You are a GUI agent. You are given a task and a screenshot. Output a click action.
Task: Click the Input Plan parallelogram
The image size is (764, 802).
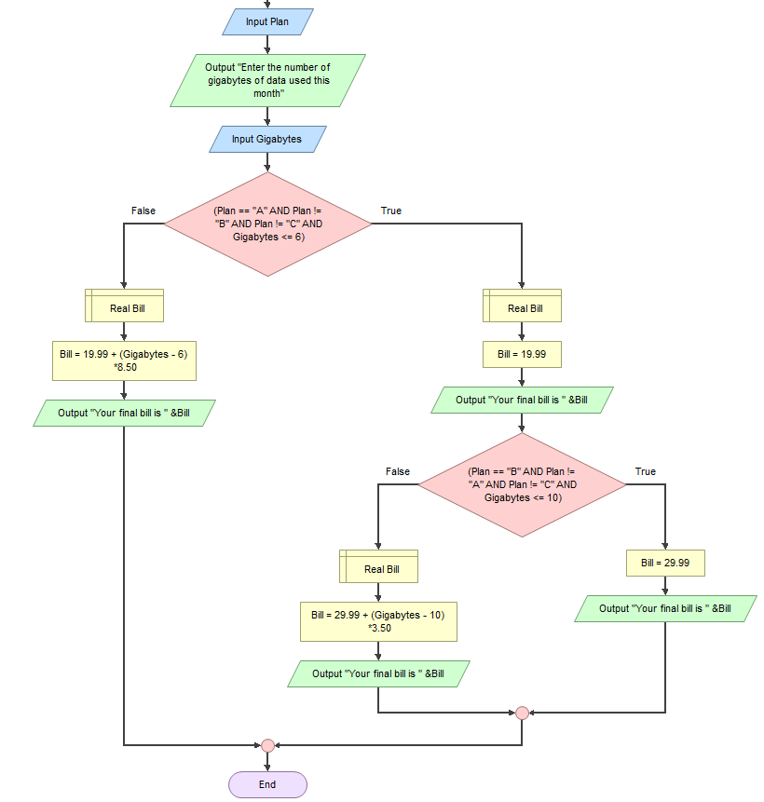tap(267, 21)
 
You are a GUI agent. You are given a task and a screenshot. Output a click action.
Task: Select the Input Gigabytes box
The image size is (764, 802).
tap(267, 140)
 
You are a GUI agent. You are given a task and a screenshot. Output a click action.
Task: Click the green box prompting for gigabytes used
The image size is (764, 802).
tap(267, 80)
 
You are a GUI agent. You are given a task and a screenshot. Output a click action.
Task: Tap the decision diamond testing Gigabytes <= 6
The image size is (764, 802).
tap(267, 224)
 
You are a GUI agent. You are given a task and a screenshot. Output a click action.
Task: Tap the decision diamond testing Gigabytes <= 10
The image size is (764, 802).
tap(522, 485)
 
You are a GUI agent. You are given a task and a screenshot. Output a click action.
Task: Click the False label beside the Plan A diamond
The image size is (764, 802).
tap(143, 211)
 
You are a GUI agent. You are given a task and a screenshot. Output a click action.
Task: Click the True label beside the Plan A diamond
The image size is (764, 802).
tap(391, 211)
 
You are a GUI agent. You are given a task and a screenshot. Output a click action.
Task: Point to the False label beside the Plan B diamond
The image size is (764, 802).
tap(398, 471)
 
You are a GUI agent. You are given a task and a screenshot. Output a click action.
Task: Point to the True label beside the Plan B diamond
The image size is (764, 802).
tap(646, 471)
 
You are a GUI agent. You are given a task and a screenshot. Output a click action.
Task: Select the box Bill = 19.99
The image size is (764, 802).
tap(522, 355)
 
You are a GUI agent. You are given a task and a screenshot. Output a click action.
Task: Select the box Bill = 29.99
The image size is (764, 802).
tap(665, 564)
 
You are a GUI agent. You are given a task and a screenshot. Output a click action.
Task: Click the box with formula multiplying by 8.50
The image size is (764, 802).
tap(124, 361)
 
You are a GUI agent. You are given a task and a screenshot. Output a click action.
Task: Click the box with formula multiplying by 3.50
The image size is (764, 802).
tap(378, 622)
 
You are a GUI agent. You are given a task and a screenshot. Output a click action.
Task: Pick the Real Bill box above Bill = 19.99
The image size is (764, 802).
tap(522, 306)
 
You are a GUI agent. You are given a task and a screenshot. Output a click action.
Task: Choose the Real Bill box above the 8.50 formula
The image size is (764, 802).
tap(124, 306)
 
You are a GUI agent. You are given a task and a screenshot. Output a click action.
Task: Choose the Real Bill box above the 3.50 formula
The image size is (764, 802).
tap(378, 566)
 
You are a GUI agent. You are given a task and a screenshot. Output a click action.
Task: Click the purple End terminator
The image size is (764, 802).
tap(267, 784)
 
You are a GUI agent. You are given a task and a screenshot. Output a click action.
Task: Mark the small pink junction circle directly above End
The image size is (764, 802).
tap(267, 745)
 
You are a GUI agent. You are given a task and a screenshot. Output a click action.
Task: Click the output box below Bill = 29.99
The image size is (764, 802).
tap(665, 609)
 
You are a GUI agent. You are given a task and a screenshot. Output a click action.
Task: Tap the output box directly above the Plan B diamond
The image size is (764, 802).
tap(522, 401)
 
